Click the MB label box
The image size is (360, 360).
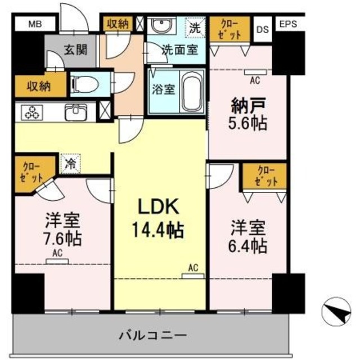coord(34,24)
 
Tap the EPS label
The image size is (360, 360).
coord(287,24)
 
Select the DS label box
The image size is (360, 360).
coord(262,29)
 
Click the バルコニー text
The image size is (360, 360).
coord(151,336)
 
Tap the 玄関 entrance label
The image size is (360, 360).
coord(74,49)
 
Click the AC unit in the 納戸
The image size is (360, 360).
coord(254,73)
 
